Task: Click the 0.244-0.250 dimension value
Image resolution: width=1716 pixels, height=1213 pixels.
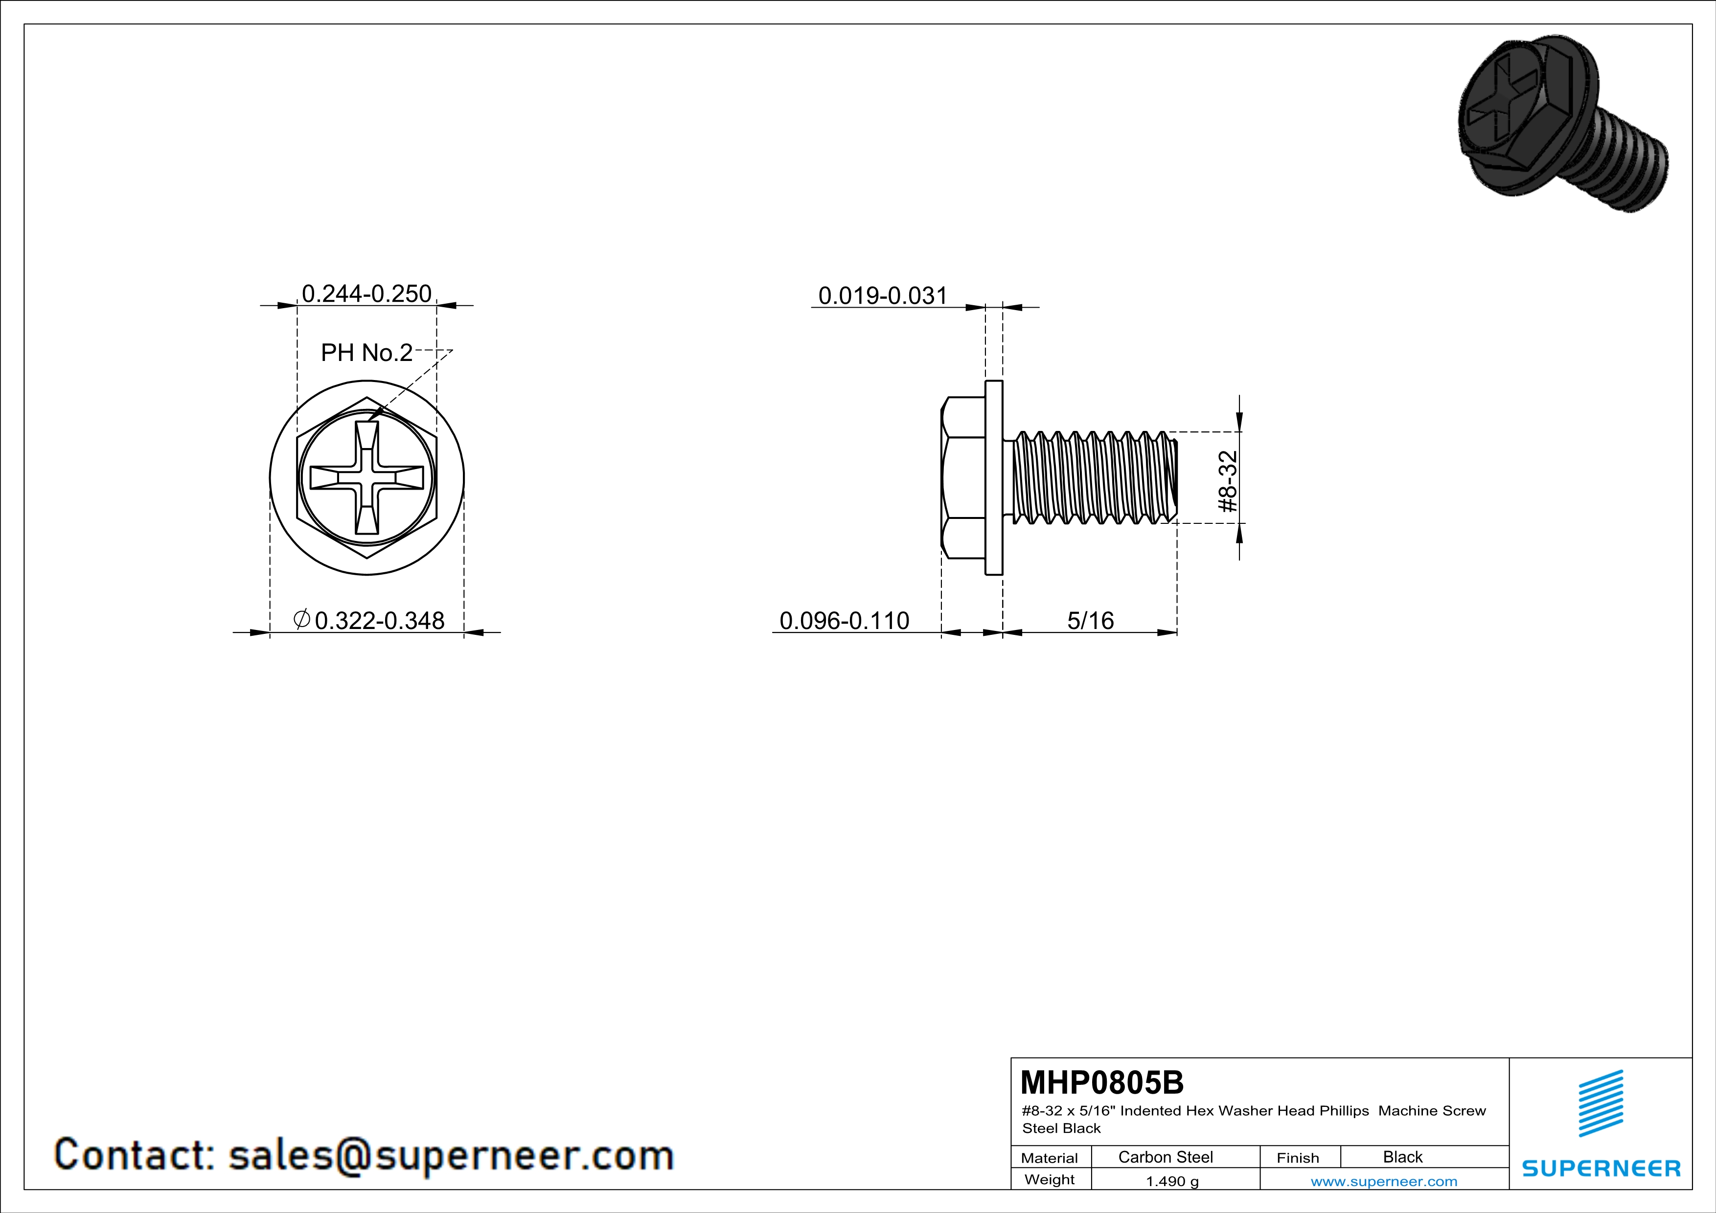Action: click(x=366, y=293)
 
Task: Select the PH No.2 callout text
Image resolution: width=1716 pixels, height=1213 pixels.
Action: click(x=366, y=353)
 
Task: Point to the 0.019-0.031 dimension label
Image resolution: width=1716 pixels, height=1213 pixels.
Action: click(x=883, y=296)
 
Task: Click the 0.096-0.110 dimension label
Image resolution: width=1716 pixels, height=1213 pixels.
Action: click(x=844, y=620)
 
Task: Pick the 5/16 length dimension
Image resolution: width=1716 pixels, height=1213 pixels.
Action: click(x=1091, y=620)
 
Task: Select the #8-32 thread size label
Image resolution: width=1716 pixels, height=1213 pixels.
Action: click(x=1228, y=481)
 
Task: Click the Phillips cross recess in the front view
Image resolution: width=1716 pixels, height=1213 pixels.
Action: click(x=367, y=478)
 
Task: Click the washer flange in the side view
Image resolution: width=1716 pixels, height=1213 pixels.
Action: click(x=994, y=477)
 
